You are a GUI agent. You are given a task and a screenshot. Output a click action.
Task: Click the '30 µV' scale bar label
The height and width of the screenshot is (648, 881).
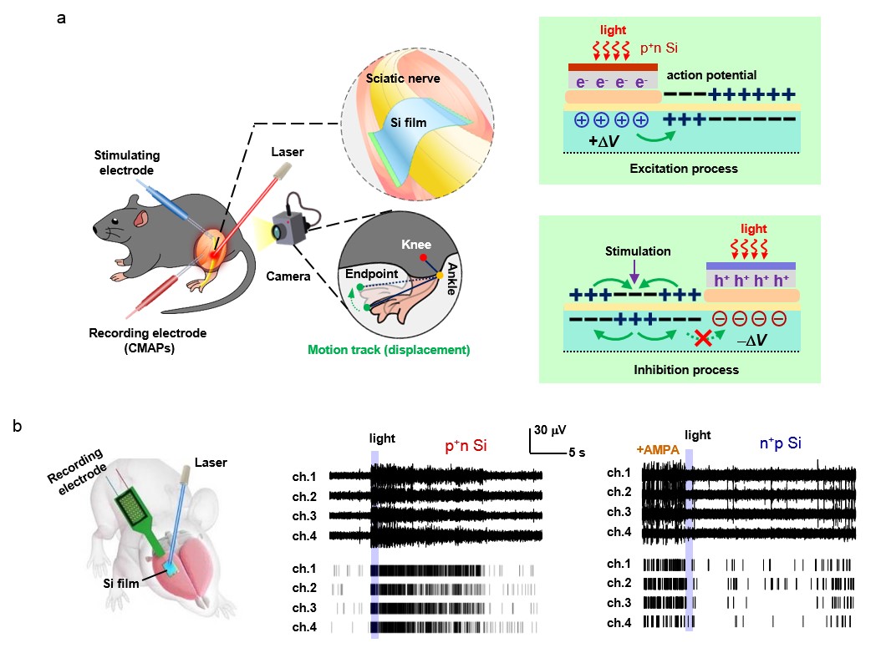pyautogui.click(x=550, y=431)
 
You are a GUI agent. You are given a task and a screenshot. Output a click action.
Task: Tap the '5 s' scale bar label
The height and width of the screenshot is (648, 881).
pyautogui.click(x=576, y=453)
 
